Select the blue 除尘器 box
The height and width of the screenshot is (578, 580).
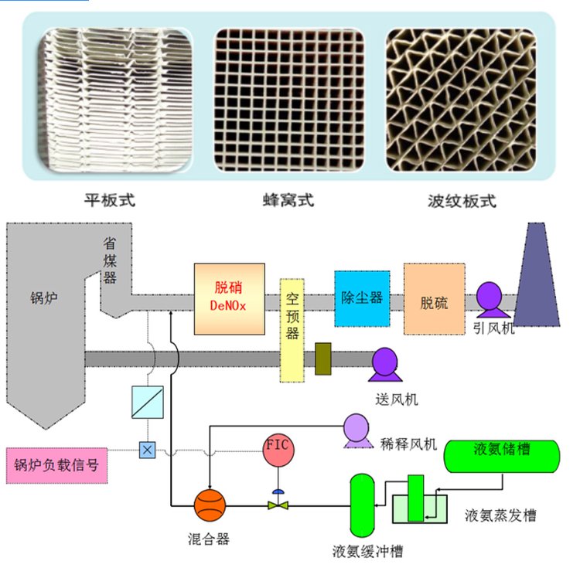coord(361,297)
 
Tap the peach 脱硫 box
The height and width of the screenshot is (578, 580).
coord(434,299)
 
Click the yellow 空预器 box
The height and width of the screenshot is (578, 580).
coord(292,331)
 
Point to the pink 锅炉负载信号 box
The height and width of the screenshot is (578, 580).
coord(56,464)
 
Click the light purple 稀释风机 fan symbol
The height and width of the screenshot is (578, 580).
coord(357,430)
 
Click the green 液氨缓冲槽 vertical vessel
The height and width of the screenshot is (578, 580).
coord(362,505)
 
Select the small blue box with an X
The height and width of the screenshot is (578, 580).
coord(145,449)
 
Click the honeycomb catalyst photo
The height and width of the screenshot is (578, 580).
coord(288,100)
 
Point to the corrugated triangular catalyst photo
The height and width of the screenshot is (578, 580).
coord(460,100)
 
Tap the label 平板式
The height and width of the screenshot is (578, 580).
coord(109,201)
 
